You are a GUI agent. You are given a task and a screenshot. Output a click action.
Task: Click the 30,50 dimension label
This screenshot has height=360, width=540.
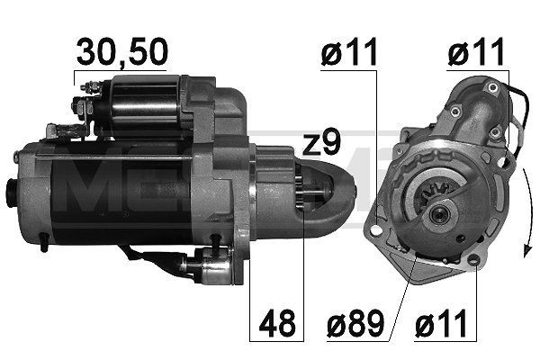coord(121,53)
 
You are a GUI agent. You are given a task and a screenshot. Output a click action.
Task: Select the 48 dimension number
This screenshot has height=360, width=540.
coord(276,323)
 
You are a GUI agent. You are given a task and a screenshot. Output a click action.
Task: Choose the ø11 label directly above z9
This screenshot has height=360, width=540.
coord(348,55)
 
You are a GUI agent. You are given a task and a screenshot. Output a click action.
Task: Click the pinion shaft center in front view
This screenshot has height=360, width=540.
coord(439,213)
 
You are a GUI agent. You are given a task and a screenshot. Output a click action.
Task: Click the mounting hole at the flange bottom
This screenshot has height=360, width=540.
coord(473,261)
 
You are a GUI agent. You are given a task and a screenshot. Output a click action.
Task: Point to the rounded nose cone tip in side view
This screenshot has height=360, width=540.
coord(349,192)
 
